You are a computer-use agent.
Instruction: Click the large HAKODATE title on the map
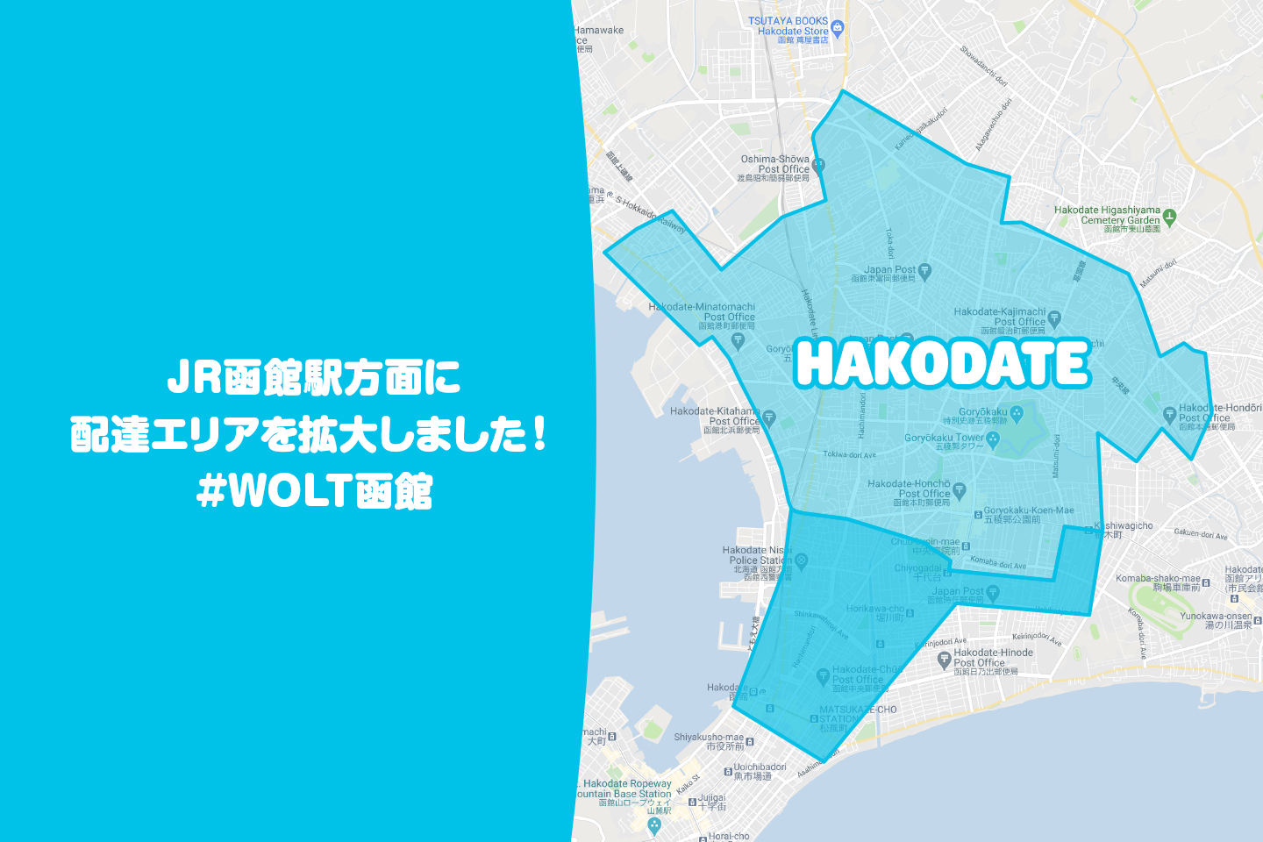pos(942,363)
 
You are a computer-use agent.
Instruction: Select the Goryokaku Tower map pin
pos(993,440)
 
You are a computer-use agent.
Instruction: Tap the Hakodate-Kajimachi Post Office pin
pos(1054,319)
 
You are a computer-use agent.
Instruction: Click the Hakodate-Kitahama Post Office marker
pos(769,418)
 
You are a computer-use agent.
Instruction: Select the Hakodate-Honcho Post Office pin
pos(960,490)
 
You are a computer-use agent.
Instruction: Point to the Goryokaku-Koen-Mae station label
pos(1028,515)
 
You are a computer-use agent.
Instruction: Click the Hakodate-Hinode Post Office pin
pos(945,659)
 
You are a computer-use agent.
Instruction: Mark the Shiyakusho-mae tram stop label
pos(709,741)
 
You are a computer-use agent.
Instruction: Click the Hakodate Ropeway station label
pos(626,788)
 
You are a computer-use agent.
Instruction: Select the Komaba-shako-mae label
pos(1158,582)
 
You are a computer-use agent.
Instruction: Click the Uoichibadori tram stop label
pos(760,771)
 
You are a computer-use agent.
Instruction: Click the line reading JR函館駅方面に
pos(314,379)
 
